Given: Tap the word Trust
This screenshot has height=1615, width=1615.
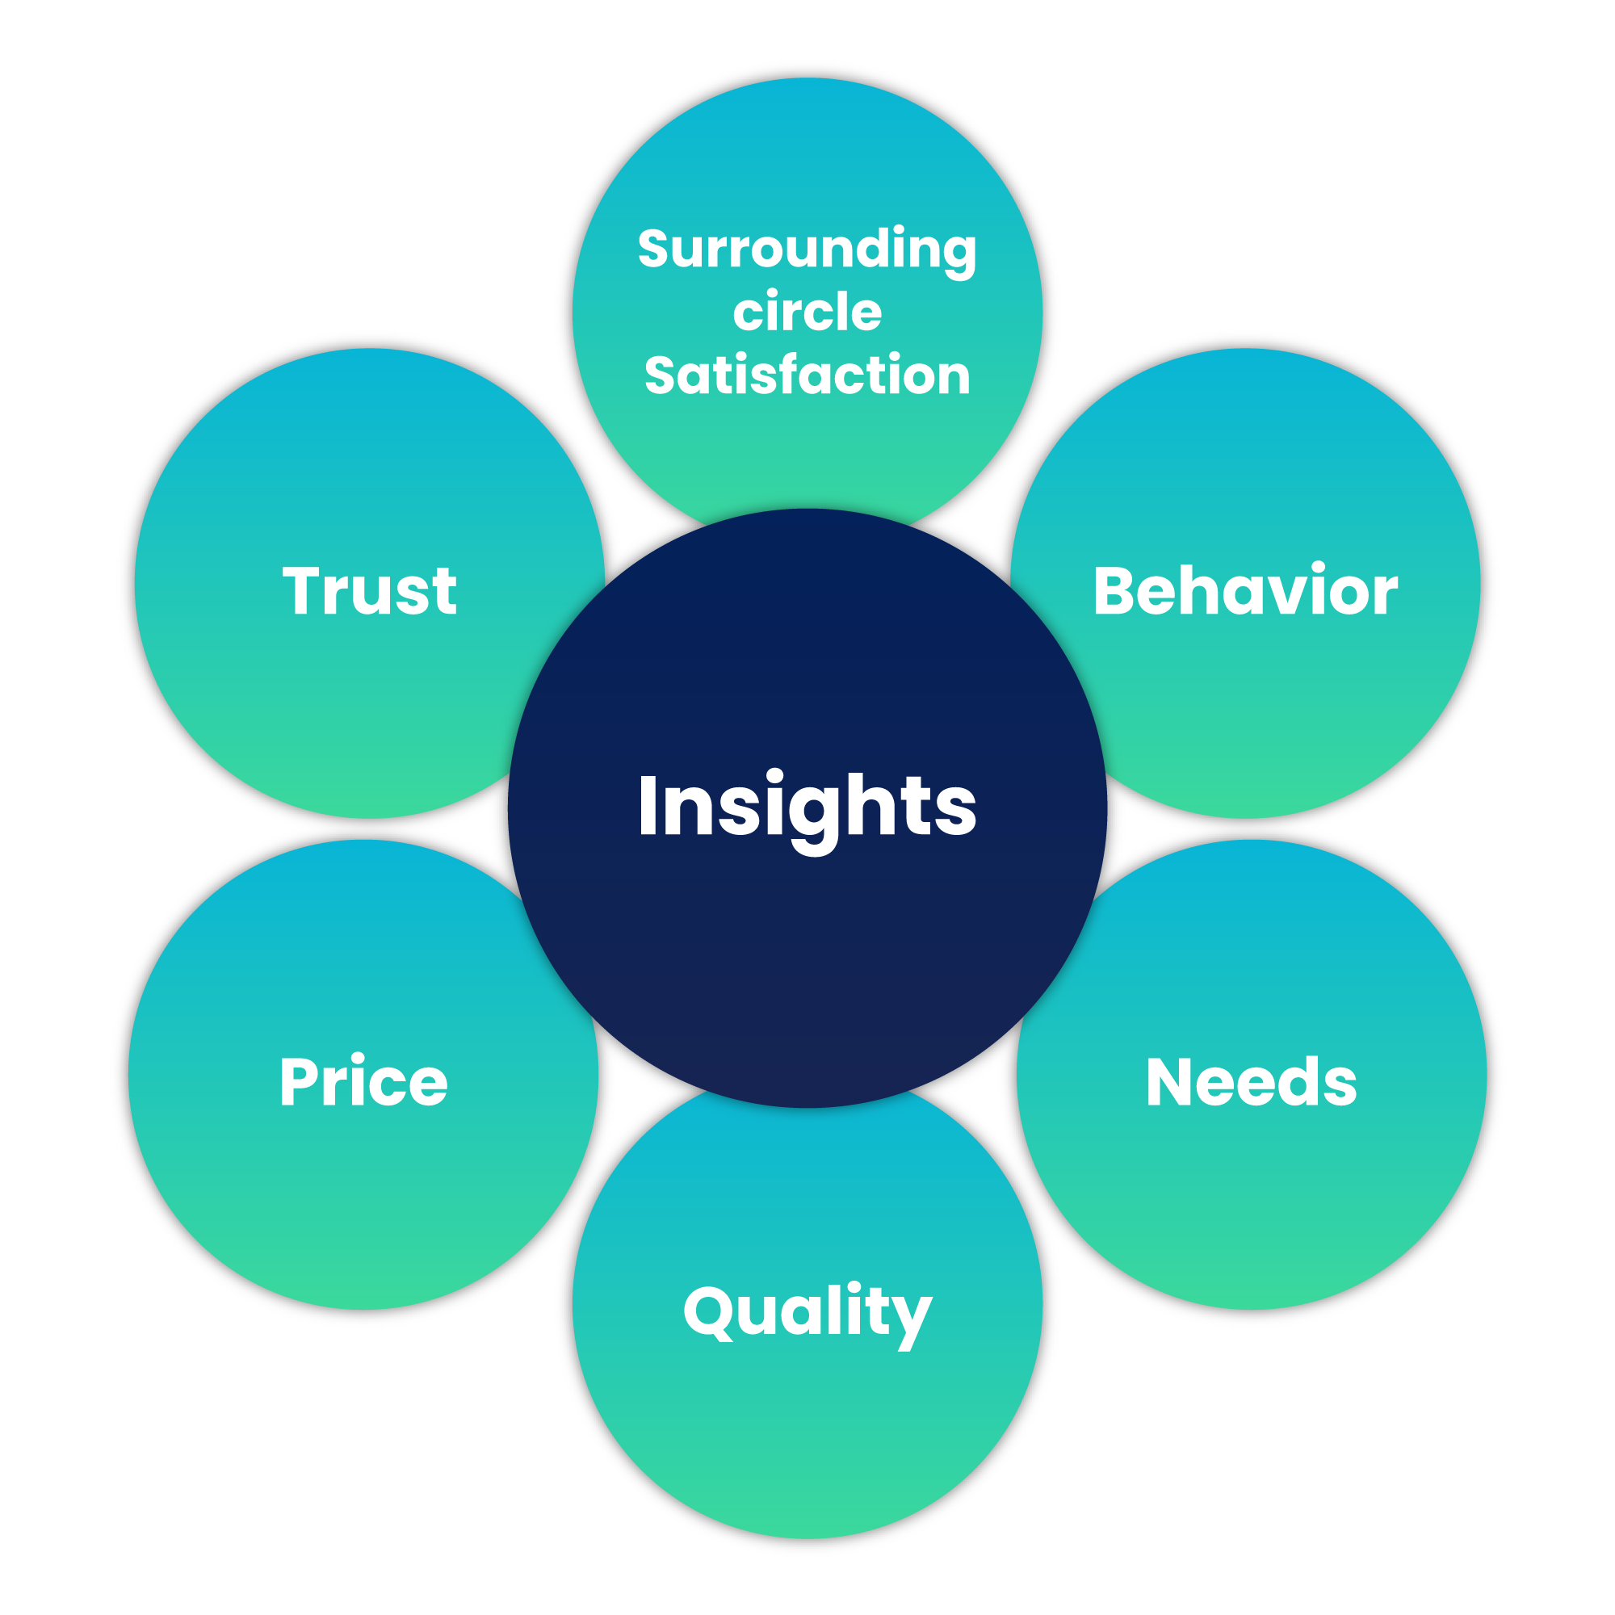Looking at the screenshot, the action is [x=370, y=591].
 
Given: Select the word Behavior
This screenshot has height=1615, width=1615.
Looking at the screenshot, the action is [x=1245, y=590].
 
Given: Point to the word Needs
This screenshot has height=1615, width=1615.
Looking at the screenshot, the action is [x=1252, y=1082].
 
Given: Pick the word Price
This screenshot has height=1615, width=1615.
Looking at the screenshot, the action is [x=363, y=1081].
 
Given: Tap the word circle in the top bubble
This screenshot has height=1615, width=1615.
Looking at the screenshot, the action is [x=807, y=312].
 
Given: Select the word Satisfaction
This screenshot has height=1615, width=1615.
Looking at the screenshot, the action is [x=807, y=374].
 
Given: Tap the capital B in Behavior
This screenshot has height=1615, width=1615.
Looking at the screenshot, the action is [x=1114, y=591].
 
